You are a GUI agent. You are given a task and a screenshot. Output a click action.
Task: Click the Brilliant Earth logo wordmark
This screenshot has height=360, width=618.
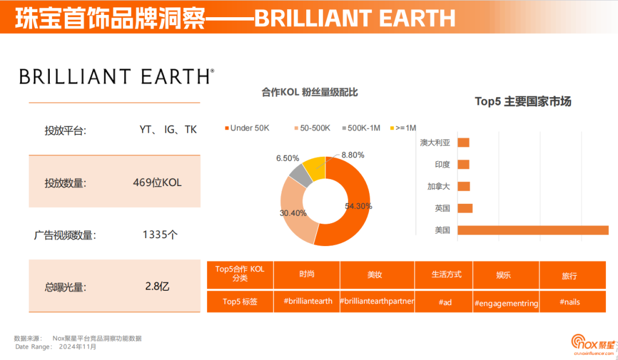pos(117,76)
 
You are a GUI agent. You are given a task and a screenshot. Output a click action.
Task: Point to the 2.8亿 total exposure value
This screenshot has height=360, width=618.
pos(157,286)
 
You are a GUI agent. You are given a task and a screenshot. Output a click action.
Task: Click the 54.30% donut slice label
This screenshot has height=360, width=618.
pos(359,206)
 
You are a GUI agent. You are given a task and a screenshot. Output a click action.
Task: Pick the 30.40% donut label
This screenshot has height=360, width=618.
pos(293,213)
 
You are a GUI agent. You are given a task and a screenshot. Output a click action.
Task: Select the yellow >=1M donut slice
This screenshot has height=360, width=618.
pos(315,166)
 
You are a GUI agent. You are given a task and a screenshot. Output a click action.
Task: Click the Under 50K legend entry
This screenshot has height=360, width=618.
pos(247,128)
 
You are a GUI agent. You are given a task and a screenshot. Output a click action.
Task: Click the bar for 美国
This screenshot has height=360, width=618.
pos(533,230)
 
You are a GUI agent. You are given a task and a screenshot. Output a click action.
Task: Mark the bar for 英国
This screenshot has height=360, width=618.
pos(465,208)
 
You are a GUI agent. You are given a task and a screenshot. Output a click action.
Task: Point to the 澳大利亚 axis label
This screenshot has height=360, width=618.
pos(435,143)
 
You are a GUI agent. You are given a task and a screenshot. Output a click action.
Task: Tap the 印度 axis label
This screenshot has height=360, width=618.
pos(442,164)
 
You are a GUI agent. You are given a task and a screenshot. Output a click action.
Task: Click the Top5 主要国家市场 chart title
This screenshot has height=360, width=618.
pos(523,102)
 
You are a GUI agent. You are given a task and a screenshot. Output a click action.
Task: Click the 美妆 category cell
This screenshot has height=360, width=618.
pos(375,275)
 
